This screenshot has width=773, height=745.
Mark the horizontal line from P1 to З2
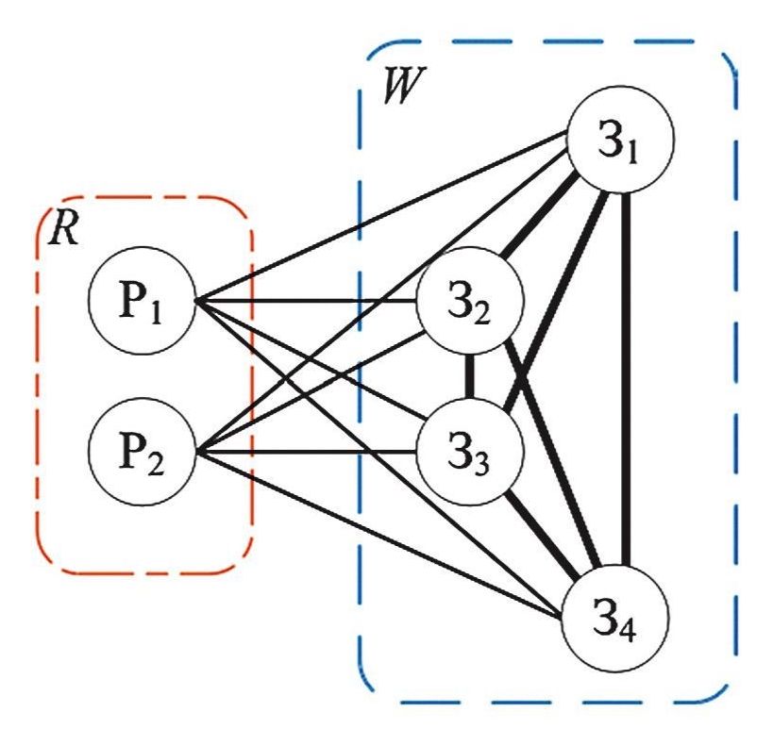pyautogui.click(x=311, y=302)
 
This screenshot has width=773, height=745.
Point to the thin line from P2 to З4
pyautogui.click(x=378, y=533)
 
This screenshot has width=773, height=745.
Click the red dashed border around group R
pyautogui.click(x=253, y=377)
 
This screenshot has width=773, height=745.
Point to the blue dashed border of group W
pyautogui.click(x=735, y=377)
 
